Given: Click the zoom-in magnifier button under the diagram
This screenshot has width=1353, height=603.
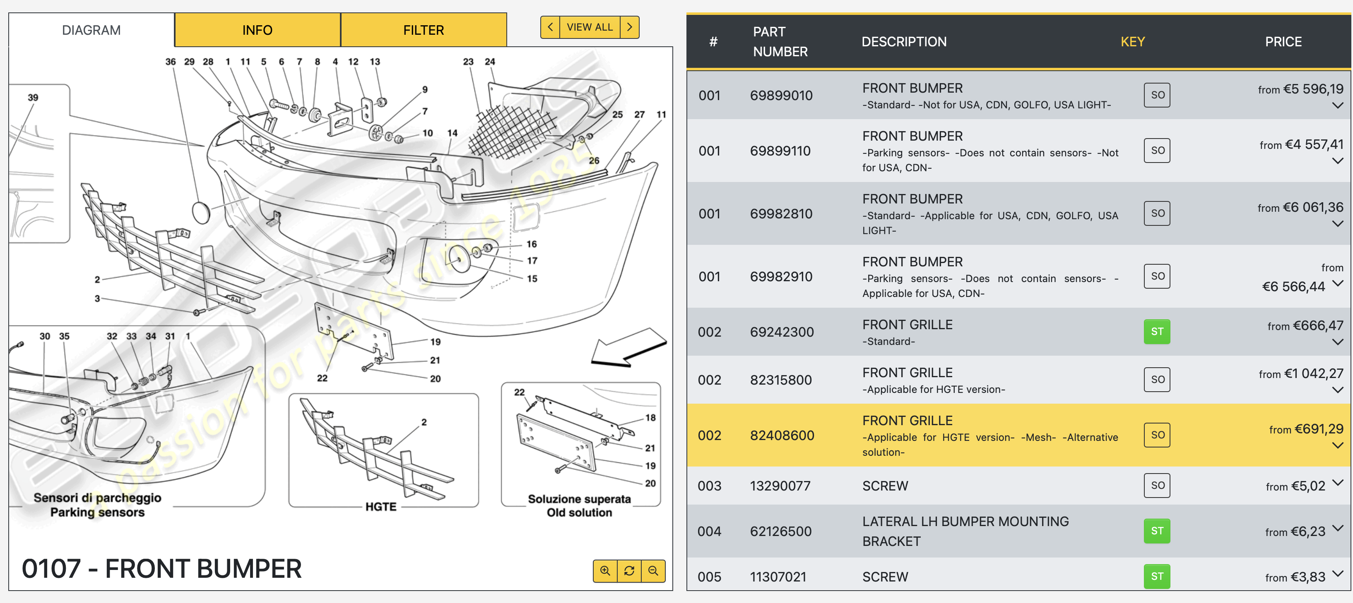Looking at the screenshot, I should coord(605,570).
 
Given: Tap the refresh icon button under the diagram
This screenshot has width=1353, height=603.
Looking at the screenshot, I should coord(629,570).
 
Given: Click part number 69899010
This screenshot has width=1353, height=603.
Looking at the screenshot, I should coord(781,96).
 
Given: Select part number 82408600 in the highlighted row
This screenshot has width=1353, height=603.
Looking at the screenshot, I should coord(782,435).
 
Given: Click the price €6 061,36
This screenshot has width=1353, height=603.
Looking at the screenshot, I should coord(1312,207).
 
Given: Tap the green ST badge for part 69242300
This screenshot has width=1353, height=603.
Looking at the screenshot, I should coord(1157,332).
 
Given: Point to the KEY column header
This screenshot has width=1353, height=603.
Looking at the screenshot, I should coord(1132,42).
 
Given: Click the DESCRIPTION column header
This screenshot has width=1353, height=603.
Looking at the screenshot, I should coord(904,42).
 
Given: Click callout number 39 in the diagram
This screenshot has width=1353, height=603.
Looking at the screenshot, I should coord(33,98).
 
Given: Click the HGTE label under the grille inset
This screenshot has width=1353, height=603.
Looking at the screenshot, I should coord(381,507).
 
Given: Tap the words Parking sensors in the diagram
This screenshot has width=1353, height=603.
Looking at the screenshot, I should coord(97,512).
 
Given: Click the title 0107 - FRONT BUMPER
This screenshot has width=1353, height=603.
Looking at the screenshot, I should coord(162,568).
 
